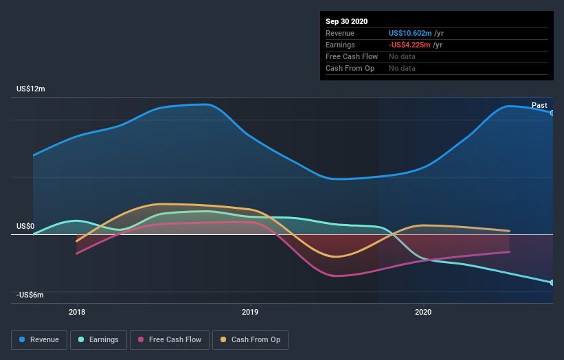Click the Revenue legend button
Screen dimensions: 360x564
pos(40,339)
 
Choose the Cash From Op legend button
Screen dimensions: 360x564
pos(250,339)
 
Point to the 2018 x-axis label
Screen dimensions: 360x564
pos(77,313)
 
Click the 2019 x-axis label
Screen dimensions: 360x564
pos(250,313)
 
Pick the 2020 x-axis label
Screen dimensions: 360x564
pos(423,313)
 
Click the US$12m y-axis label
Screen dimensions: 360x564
pos(31,89)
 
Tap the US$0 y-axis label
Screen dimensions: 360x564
pos(25,226)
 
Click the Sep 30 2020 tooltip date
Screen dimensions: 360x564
pos(346,21)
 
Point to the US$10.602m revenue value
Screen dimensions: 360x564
pos(410,33)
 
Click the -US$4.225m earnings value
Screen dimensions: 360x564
pos(409,45)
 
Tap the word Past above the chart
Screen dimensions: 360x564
pos(539,105)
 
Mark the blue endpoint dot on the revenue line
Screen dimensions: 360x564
pos(552,113)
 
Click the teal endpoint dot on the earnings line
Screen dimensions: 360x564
pos(552,282)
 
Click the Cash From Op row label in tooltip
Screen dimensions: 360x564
pos(350,68)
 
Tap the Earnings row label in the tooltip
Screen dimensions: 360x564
pos(341,45)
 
